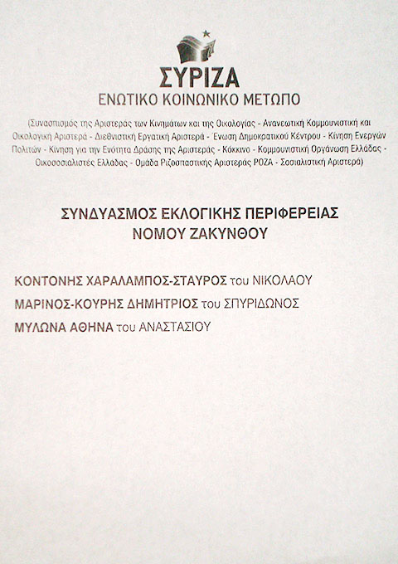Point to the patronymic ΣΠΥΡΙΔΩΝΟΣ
263,303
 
